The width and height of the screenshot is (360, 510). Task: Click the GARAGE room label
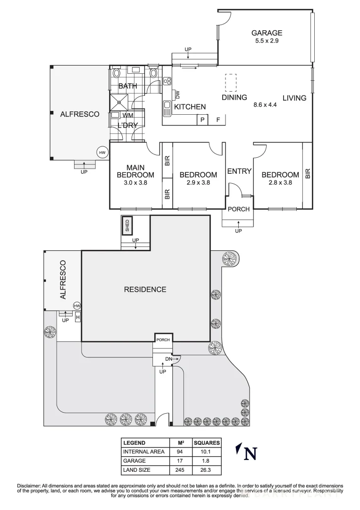(267, 33)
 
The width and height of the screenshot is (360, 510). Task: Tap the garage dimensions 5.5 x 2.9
(267, 41)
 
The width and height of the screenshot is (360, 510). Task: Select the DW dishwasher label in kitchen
(177, 94)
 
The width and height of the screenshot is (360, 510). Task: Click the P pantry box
(202, 120)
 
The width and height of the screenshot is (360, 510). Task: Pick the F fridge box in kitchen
(218, 120)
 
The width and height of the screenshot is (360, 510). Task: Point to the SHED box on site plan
(126, 226)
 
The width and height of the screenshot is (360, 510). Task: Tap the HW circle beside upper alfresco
(102, 153)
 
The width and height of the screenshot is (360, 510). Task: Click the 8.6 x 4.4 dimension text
(265, 105)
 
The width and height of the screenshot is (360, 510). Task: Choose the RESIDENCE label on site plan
(145, 289)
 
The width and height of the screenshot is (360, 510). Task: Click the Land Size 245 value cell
(180, 470)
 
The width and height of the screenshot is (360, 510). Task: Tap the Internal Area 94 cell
(180, 452)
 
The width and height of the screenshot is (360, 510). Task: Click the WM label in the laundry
(127, 115)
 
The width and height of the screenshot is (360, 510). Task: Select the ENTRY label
(239, 171)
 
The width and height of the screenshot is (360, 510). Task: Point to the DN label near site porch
(169, 359)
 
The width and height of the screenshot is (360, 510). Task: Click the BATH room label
(127, 86)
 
